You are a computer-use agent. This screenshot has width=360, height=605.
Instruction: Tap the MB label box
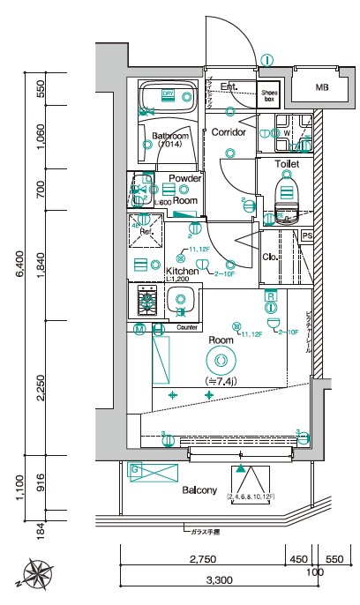(321, 86)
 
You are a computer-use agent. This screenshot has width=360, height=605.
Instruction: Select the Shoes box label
(269, 95)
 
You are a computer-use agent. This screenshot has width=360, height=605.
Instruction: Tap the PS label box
(307, 236)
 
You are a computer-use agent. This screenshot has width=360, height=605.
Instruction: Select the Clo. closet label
(272, 258)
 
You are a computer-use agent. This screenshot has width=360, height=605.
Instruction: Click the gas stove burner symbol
(142, 303)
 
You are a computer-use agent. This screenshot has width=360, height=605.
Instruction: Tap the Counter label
(186, 327)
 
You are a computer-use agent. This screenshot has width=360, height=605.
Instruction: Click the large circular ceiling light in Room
(218, 359)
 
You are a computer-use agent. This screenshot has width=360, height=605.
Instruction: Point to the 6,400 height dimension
(19, 274)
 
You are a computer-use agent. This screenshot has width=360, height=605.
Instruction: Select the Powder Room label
(185, 190)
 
